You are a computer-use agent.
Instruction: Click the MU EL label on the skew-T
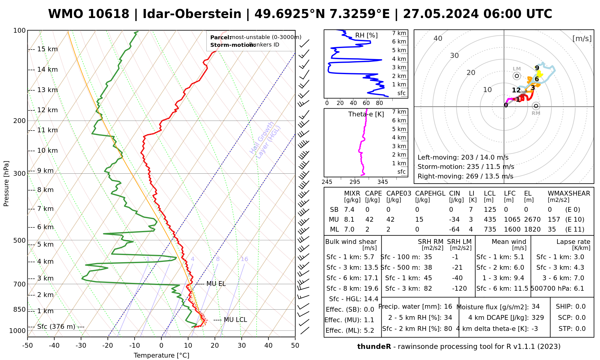(216, 284)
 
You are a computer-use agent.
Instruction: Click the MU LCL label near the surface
(235, 320)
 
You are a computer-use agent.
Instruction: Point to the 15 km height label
(47, 49)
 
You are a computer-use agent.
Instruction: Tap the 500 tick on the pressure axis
(20, 240)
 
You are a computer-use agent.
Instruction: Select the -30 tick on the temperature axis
(81, 345)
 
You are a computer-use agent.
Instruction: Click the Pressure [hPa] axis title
(6, 184)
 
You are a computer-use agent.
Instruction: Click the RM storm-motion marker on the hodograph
(536, 106)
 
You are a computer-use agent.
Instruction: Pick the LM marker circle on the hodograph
(517, 76)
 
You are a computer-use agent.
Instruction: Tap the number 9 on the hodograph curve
(537, 68)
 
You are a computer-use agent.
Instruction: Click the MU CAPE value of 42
(369, 220)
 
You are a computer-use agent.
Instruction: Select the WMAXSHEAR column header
(569, 193)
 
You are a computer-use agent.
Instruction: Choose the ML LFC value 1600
(512, 229)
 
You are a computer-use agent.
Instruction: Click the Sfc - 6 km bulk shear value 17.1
(371, 278)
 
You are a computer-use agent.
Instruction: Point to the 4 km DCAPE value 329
(538, 318)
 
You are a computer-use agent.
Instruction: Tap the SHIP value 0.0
(580, 307)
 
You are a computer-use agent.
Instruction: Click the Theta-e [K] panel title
(366, 114)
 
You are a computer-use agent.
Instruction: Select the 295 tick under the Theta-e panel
(355, 182)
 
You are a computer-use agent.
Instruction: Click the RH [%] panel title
(366, 35)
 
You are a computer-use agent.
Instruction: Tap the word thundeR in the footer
(374, 347)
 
